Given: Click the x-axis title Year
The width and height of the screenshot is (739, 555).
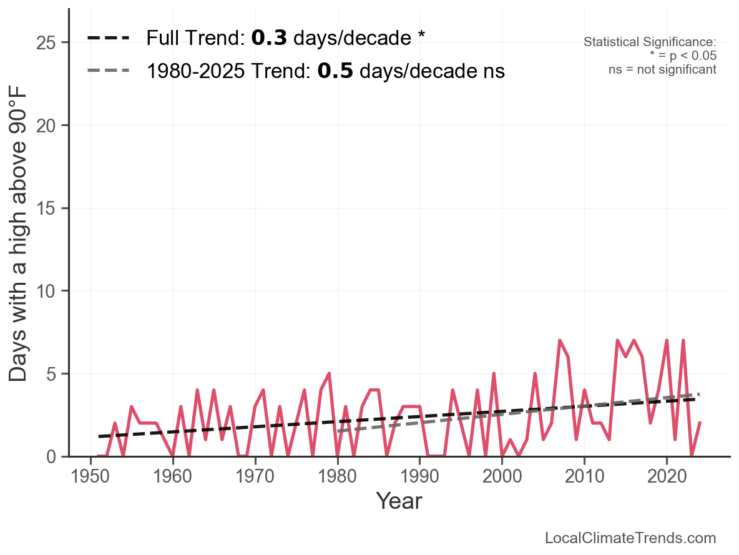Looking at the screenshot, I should [x=399, y=501].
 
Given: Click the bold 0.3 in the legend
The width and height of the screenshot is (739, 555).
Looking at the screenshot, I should [x=269, y=38].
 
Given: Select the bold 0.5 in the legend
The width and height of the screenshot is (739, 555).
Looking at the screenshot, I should [x=335, y=71].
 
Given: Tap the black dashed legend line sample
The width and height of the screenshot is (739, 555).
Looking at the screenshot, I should [x=109, y=38].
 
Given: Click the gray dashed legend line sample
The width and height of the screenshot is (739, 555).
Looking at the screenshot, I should [x=109, y=71].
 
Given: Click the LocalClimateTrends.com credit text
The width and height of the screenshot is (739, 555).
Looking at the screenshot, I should [x=630, y=538].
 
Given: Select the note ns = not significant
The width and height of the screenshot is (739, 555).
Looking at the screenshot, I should [x=662, y=69].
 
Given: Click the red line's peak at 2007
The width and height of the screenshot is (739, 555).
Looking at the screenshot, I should [x=560, y=341].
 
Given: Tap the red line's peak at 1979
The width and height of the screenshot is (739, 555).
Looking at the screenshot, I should [x=329, y=374].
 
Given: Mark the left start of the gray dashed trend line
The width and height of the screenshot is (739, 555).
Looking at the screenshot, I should [x=338, y=431].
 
